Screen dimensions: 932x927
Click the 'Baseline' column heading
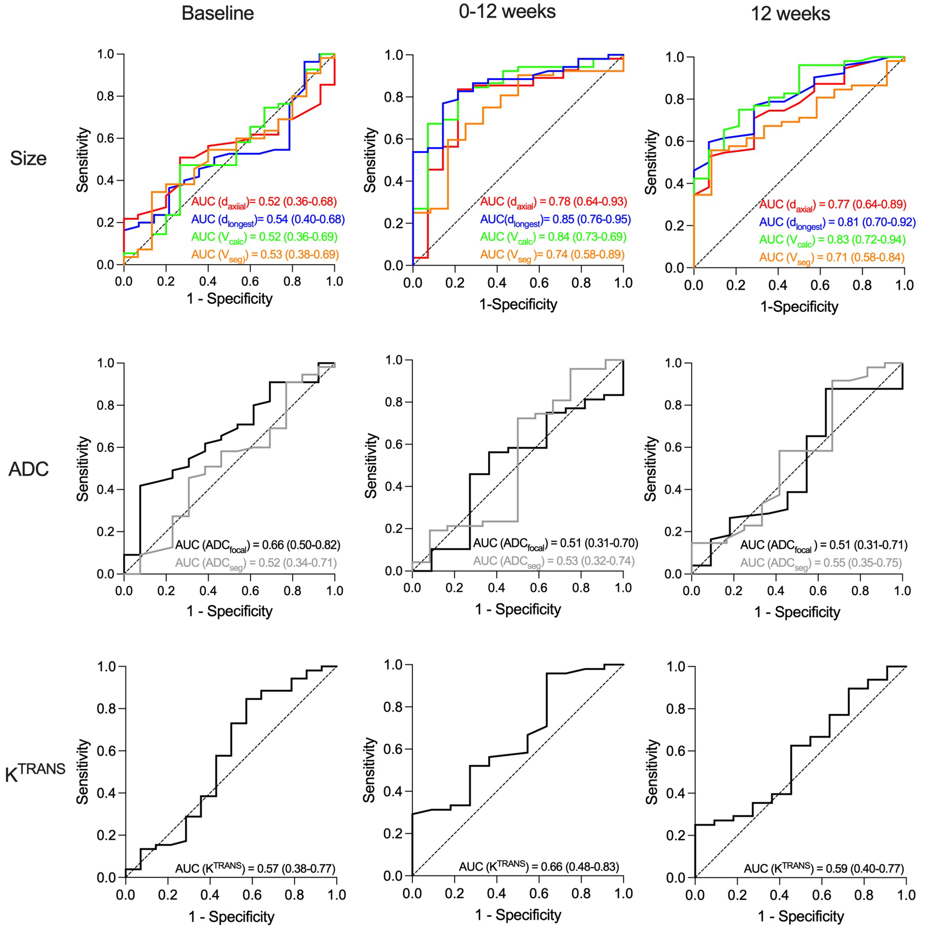(218, 14)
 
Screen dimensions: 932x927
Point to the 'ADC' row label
(28, 469)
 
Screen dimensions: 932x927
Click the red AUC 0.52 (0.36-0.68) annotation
(264, 202)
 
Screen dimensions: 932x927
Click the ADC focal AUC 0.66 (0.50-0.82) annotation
(258, 546)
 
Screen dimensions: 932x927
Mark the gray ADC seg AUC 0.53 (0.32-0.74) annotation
(553, 561)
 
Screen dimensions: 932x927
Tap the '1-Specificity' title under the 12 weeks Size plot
(799, 307)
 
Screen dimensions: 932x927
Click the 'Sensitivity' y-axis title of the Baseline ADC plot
(83, 469)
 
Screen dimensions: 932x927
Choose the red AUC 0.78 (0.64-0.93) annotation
(553, 202)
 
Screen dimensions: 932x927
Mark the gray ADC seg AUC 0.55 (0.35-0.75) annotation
(821, 563)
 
